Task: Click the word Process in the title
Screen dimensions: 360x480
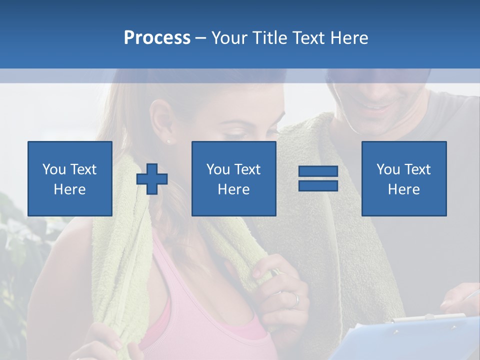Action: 157,38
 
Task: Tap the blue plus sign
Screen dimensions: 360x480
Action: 152,179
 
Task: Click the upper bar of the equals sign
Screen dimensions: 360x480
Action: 318,171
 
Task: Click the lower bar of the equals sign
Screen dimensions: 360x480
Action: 318,185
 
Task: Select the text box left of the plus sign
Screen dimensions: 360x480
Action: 69,178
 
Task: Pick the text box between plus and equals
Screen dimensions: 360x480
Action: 233,178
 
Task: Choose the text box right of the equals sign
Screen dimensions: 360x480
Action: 403,178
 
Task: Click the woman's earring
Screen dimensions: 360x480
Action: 168,141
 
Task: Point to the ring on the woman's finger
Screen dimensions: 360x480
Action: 296,300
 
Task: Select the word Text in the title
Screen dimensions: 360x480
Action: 307,38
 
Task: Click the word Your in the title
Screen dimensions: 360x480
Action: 228,38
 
